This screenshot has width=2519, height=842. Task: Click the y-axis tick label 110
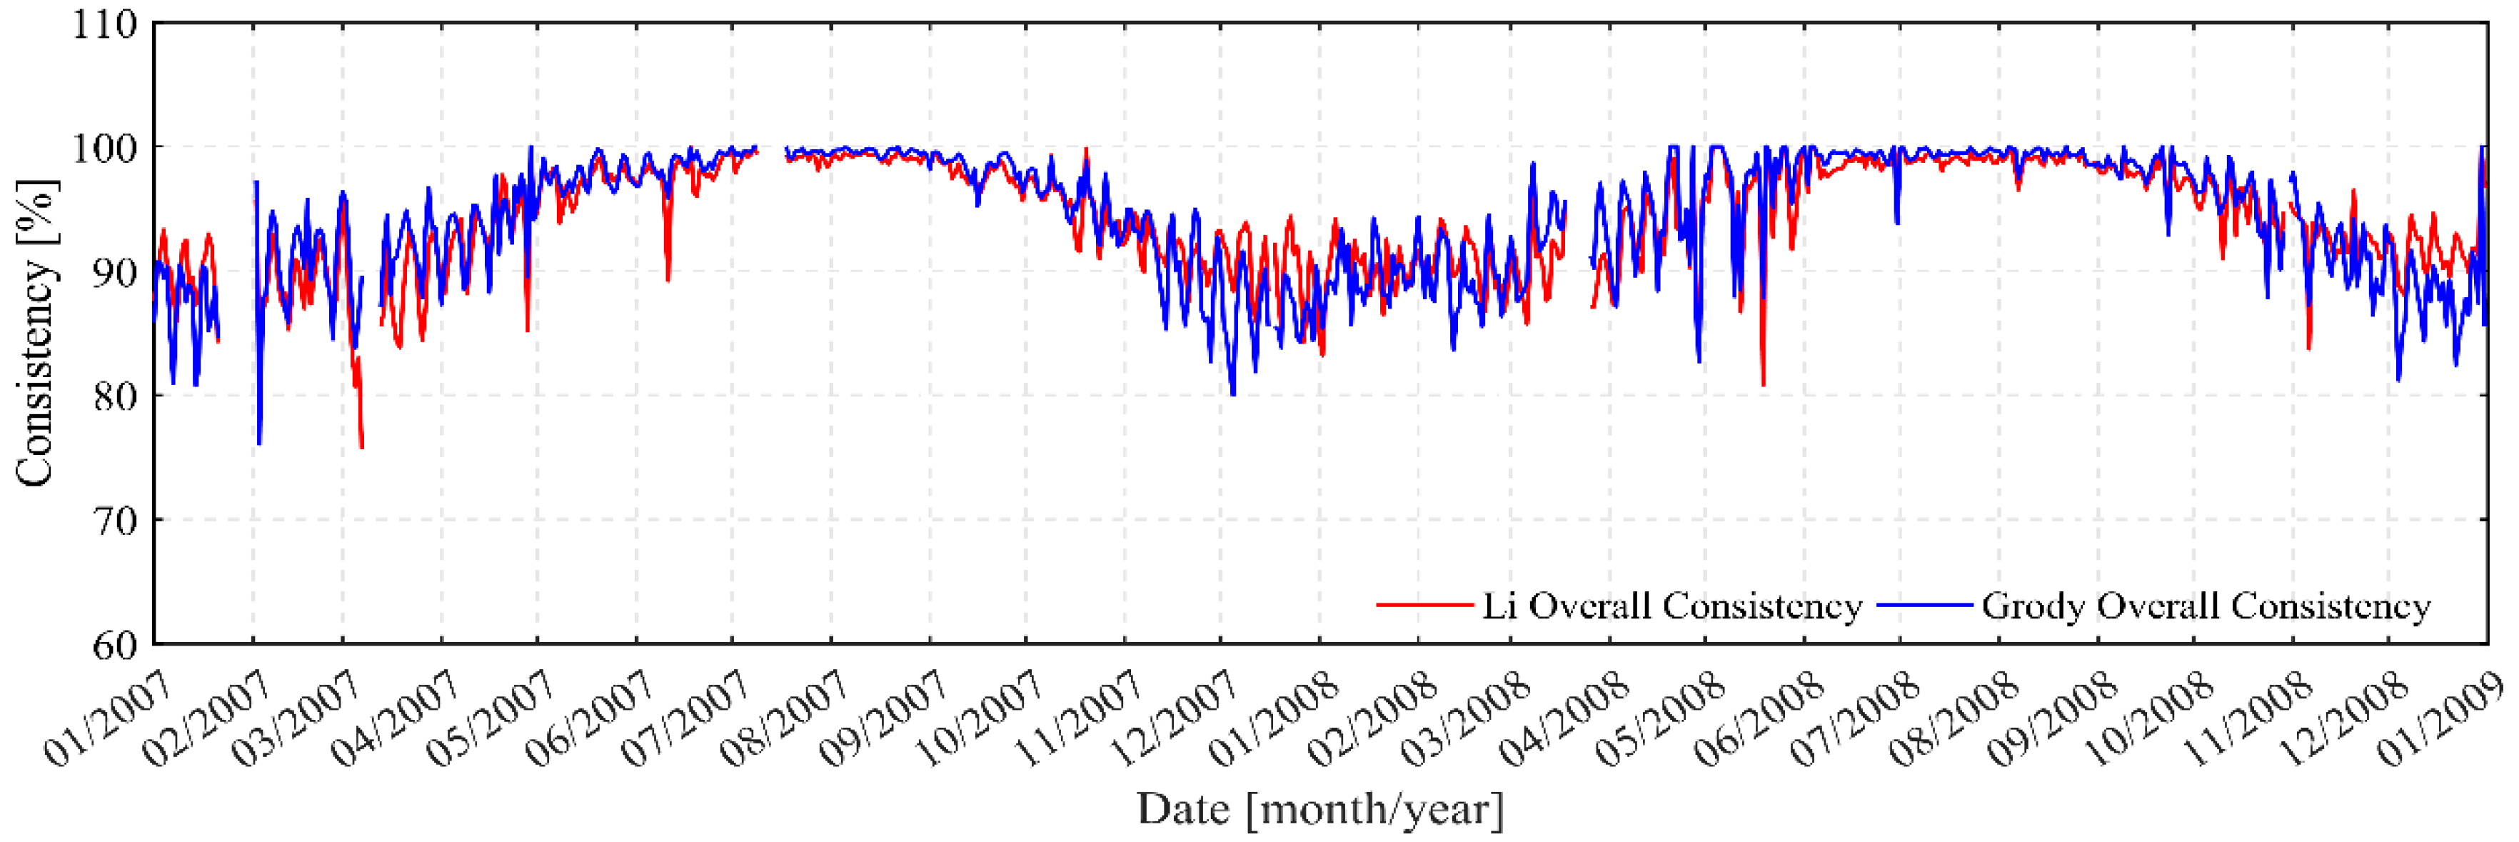105,24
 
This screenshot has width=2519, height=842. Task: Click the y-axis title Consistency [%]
34,333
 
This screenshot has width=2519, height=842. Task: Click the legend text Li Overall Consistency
1671,606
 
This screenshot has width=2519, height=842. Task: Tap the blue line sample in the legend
1924,606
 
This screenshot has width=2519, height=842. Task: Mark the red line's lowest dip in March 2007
362,447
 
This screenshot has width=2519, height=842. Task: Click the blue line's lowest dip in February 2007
259,443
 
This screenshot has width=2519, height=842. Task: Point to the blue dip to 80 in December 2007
1232,394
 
